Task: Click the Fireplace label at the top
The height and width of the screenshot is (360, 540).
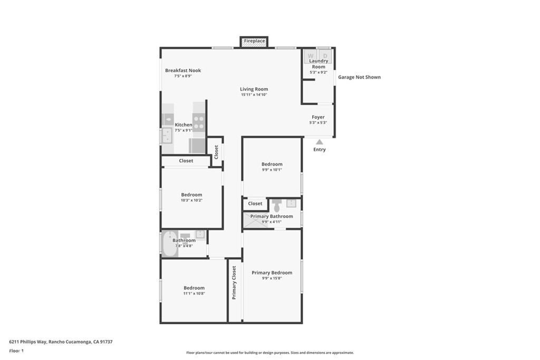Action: click(255, 41)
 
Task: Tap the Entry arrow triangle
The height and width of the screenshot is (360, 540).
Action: click(320, 142)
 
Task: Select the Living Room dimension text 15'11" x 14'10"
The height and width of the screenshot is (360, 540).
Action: click(254, 95)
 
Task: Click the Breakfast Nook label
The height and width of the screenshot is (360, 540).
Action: click(183, 70)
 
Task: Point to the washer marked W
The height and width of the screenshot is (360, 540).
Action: click(311, 56)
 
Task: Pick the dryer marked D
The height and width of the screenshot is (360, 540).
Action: click(325, 56)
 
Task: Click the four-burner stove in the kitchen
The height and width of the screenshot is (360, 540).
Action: click(199, 122)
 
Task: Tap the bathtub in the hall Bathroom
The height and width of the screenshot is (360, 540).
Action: click(170, 244)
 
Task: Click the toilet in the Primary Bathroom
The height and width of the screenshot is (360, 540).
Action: click(276, 206)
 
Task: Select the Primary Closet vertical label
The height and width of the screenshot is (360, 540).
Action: click(234, 283)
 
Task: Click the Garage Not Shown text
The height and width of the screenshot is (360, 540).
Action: click(359, 77)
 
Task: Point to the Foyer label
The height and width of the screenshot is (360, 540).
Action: click(318, 117)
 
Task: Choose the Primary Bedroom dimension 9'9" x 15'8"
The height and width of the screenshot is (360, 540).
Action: click(272, 278)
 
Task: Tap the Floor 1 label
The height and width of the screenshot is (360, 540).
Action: click(16, 351)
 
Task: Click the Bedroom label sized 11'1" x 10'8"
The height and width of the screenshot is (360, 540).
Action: click(194, 288)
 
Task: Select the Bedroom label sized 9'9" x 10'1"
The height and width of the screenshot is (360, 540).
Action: click(272, 164)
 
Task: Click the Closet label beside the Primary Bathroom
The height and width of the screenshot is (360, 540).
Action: click(255, 203)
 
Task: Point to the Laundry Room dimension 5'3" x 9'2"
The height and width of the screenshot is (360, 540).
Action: click(319, 73)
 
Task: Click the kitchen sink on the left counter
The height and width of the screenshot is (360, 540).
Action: click(167, 135)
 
